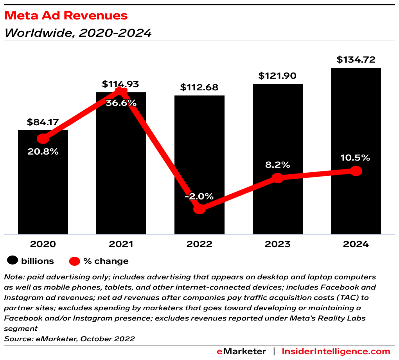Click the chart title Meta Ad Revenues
pyautogui.click(x=66, y=16)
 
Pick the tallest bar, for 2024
pyautogui.click(x=356, y=117)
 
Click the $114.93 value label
pyautogui.click(x=120, y=84)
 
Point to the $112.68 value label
pyautogui.click(x=199, y=87)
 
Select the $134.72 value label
pyautogui.click(x=356, y=60)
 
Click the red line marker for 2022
pyautogui.click(x=199, y=209)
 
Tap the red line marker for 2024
pyautogui.click(x=356, y=171)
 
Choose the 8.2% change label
pyautogui.click(x=277, y=164)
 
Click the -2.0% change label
pyautogui.click(x=199, y=196)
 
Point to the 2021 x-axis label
pyautogui.click(x=121, y=244)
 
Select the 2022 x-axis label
pyautogui.click(x=199, y=244)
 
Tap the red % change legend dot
pyautogui.click(x=75, y=261)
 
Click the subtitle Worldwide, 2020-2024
pyautogui.click(x=77, y=33)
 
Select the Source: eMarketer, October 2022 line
pyautogui.click(x=69, y=338)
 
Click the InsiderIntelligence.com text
pyautogui.click(x=336, y=351)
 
